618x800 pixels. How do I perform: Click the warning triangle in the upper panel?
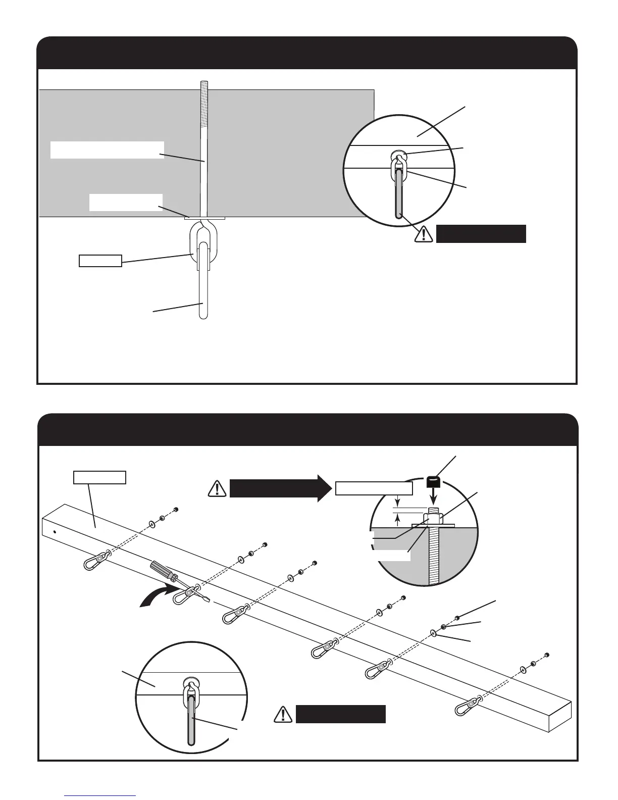click(x=424, y=233)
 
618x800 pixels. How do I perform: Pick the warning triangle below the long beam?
click(x=284, y=715)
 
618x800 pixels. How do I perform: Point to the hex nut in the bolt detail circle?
click(x=434, y=518)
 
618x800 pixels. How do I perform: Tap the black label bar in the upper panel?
click(x=481, y=234)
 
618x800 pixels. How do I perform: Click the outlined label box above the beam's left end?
click(x=99, y=477)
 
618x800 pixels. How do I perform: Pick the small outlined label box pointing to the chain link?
click(x=100, y=261)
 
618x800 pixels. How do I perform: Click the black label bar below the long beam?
click(x=341, y=715)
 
